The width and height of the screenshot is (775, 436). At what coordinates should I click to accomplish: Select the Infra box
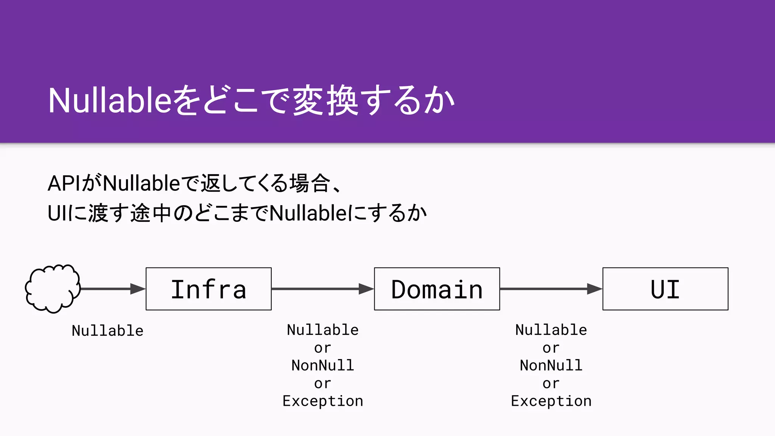[209, 289]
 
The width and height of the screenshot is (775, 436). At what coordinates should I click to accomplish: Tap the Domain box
[437, 289]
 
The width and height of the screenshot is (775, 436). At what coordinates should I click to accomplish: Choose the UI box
[665, 289]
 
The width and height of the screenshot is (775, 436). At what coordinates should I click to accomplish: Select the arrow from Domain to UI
[551, 289]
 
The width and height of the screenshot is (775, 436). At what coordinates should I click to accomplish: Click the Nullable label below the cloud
[107, 331]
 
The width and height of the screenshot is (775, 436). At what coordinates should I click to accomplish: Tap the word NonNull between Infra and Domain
[322, 366]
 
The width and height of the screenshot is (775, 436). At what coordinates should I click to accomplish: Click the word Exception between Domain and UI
[551, 401]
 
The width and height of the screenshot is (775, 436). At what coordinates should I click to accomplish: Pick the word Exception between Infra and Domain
[322, 401]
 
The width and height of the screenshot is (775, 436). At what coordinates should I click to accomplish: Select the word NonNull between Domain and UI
[551, 366]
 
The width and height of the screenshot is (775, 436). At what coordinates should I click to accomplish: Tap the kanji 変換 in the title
[325, 100]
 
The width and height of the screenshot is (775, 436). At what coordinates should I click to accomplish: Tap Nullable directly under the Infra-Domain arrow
[322, 330]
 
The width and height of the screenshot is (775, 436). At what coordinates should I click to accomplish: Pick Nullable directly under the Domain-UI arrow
[551, 330]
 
